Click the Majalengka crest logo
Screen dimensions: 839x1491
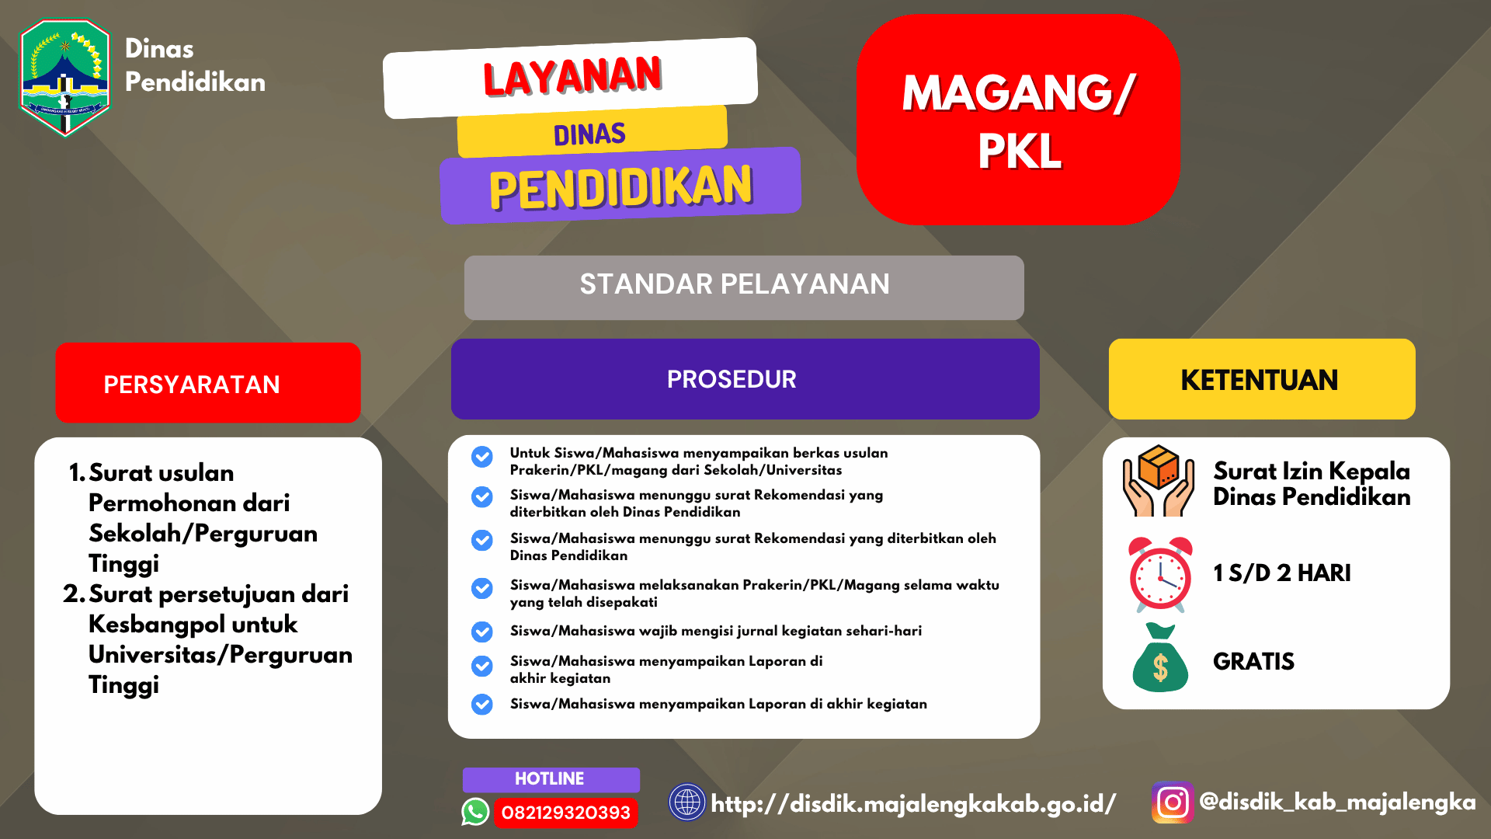tap(65, 77)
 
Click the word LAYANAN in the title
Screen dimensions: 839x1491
tap(572, 76)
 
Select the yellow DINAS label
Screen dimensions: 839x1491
tap(590, 134)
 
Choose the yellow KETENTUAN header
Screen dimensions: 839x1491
tap(1260, 380)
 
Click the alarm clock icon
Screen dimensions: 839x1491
tap(1160, 573)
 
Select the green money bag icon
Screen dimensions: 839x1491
tap(1160, 660)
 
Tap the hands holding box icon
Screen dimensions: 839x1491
tap(1158, 482)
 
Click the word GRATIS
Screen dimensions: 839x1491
tap(1253, 661)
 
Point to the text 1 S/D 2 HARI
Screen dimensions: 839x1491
tap(1281, 573)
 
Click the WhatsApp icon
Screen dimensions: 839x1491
tap(475, 812)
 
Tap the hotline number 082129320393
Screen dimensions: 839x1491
tap(565, 813)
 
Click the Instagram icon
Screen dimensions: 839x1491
tap(1172, 802)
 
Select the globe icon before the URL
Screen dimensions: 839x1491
tap(686, 802)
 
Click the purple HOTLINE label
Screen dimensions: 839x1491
tap(550, 778)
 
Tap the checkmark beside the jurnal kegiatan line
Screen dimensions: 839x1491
tap(482, 632)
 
